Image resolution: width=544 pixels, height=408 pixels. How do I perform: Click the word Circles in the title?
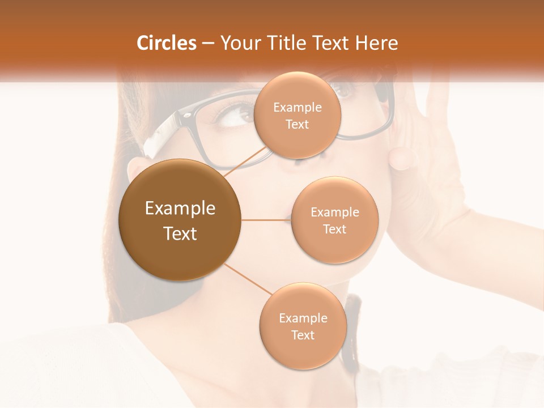166,43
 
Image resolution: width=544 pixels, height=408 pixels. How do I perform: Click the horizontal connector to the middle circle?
266,220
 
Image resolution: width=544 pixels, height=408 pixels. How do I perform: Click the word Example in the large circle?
180,209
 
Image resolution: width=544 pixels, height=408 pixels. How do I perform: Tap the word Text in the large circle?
180,233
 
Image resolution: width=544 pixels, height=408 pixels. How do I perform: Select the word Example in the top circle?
297,108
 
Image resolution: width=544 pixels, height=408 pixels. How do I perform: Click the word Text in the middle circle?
334,229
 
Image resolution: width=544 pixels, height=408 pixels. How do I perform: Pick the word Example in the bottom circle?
303,318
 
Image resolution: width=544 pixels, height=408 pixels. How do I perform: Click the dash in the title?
207,44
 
